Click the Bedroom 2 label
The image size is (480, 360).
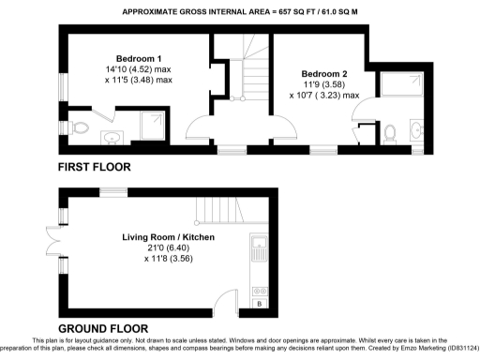point(324,73)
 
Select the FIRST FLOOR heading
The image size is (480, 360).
point(95,167)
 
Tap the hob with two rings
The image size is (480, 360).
point(260,290)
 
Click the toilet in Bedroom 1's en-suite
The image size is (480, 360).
point(81,127)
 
